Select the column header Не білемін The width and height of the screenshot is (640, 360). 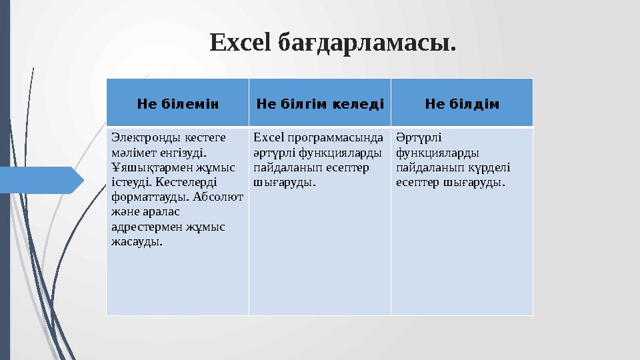click(x=178, y=104)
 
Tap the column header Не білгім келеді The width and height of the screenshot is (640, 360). click(x=320, y=104)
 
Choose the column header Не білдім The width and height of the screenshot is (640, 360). click(x=463, y=104)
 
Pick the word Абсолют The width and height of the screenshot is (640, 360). click(x=220, y=197)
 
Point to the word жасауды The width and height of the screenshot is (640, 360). click(x=137, y=241)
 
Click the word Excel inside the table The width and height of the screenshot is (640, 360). click(x=269, y=138)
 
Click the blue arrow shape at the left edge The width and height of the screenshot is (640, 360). click(x=40, y=180)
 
